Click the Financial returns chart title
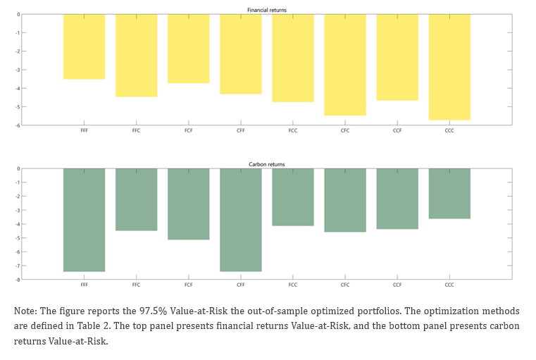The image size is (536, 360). point(267,10)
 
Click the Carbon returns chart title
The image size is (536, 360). point(267,164)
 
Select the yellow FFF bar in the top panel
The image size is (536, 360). point(84,46)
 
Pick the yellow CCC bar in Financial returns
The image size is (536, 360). point(449,67)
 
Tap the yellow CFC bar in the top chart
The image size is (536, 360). point(345,65)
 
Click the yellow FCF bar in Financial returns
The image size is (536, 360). point(188,49)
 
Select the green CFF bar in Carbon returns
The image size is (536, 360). point(241,220)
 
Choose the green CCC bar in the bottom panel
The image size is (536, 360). point(449,194)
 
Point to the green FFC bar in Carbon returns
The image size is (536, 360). point(137,199)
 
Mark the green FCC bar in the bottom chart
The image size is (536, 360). point(293,197)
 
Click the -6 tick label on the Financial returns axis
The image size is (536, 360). point(18,125)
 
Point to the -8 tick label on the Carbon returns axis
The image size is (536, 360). point(18,280)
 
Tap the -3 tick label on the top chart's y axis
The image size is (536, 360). point(18,70)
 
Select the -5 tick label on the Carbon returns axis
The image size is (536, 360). point(18,238)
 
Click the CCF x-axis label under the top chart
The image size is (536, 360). point(397,130)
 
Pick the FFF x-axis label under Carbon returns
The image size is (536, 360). point(84,285)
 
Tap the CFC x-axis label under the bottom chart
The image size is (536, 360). point(345,285)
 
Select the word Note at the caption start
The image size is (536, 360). point(25,311)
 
